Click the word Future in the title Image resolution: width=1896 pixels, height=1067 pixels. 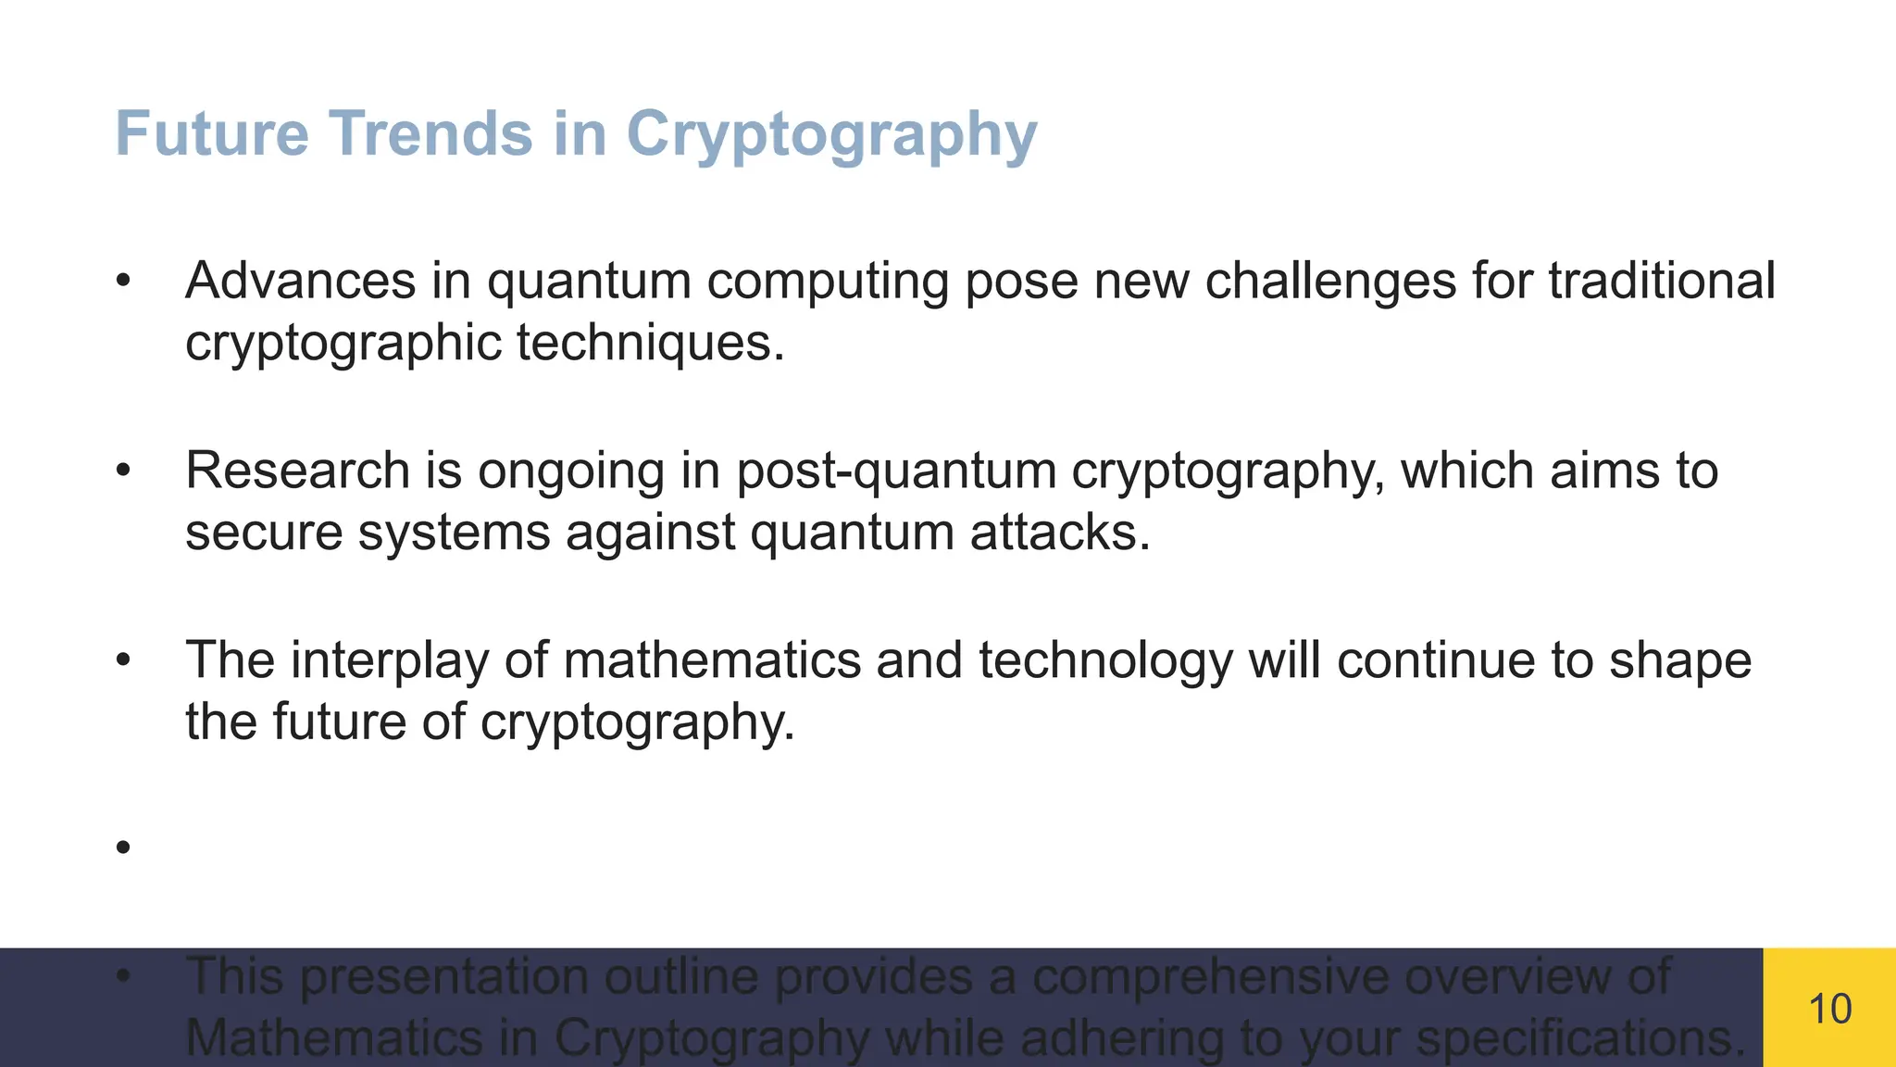click(211, 134)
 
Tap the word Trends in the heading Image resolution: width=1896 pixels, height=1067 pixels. click(431, 134)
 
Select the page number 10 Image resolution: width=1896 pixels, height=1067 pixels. click(1829, 1009)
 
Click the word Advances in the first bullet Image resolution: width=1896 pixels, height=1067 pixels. click(300, 281)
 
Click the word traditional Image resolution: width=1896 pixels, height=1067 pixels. click(1662, 281)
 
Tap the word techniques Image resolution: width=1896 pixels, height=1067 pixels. click(650, 344)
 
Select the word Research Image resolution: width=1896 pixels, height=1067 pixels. click(297, 471)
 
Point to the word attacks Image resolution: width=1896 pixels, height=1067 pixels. click(1059, 533)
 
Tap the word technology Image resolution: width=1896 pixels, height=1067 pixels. click(1105, 662)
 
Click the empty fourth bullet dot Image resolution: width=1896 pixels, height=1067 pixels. click(124, 847)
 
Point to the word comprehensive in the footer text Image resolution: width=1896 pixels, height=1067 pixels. click(1210, 977)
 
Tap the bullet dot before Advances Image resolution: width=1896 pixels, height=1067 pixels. click(124, 281)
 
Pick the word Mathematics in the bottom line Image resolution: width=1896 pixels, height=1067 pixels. click(333, 1037)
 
